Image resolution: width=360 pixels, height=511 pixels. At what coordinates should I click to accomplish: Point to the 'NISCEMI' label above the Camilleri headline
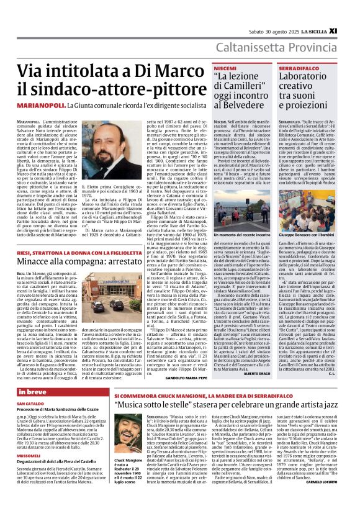(207, 66)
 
